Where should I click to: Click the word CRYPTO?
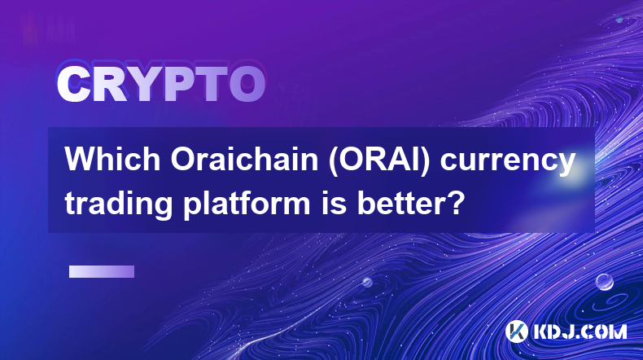(161, 84)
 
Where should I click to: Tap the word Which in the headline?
(112, 159)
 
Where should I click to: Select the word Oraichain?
(244, 159)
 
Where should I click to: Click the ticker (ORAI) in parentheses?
(379, 160)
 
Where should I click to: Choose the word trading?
(119, 204)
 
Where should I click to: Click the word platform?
(247, 204)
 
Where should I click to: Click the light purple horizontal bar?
(102, 271)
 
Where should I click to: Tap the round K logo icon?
(516, 331)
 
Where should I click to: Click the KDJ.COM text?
(580, 331)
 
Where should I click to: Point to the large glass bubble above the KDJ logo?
(604, 282)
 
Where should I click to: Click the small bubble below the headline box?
(367, 282)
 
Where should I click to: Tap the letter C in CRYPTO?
(74, 84)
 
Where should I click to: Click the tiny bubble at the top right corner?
(619, 20)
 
